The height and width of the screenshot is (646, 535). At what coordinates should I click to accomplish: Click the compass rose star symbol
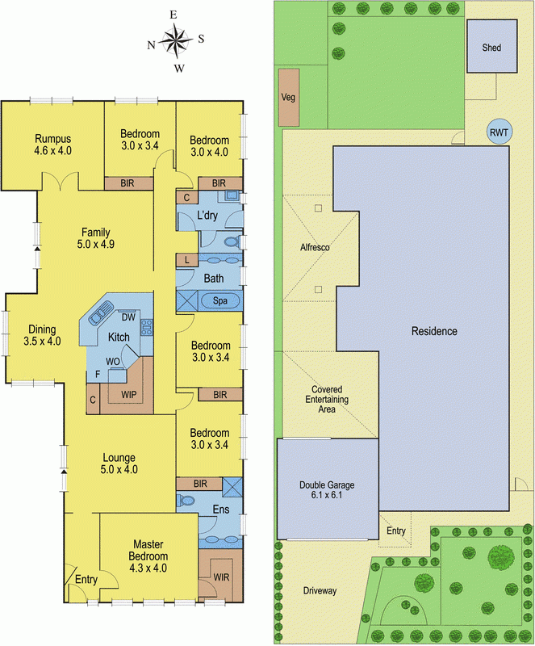tap(174, 38)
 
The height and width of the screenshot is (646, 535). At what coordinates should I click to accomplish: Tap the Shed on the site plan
tap(491, 48)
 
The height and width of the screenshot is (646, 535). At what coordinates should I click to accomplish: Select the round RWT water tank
tap(498, 132)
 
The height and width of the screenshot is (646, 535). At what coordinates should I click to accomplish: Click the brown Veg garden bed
tap(288, 98)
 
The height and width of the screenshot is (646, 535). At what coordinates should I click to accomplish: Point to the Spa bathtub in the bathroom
tap(219, 301)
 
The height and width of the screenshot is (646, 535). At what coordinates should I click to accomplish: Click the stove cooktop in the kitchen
tap(148, 327)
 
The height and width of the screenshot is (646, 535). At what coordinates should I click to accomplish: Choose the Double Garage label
tap(327, 484)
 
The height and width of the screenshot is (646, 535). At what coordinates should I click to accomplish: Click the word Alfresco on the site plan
tap(315, 248)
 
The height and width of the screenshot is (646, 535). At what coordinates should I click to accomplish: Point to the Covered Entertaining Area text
tap(327, 399)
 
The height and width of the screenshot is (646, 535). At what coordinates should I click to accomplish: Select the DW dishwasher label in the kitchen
tap(127, 317)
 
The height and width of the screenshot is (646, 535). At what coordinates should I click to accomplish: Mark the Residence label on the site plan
tap(434, 331)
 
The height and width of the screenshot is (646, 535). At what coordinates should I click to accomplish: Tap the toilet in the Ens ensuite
tap(187, 501)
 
